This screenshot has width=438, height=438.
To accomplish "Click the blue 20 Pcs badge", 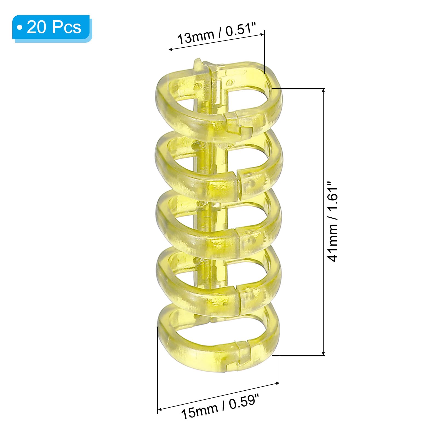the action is [x=52, y=28].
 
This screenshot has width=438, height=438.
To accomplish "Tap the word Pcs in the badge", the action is [x=67, y=27].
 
